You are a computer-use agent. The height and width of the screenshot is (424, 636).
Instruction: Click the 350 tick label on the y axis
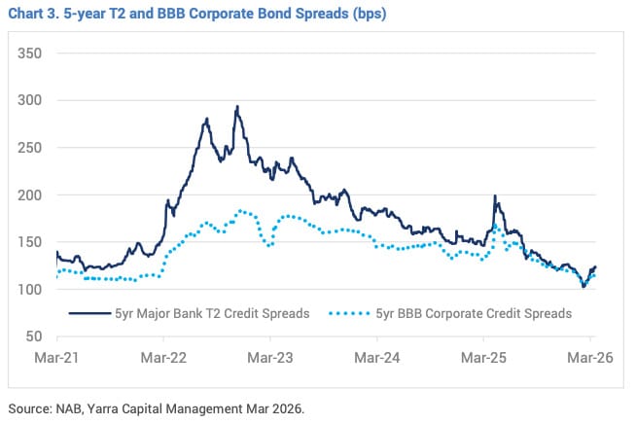point(30,53)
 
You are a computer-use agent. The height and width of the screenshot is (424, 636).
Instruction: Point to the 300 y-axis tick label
point(30,100)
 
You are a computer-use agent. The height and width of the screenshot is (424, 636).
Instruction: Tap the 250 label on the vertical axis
point(30,148)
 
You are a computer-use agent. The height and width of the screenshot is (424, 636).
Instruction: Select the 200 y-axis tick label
point(30,195)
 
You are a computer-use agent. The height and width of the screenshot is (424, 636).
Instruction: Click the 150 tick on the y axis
point(30,242)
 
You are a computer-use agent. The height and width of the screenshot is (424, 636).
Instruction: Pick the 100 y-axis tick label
point(30,290)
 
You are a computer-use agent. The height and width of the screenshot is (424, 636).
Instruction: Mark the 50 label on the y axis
point(34,336)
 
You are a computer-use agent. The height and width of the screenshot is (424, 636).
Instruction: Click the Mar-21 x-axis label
point(56,357)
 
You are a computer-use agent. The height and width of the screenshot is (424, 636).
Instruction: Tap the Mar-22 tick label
point(163,357)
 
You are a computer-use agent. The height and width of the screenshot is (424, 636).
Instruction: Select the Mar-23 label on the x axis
point(270,357)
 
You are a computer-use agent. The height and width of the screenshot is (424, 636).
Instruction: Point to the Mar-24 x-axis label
point(377,357)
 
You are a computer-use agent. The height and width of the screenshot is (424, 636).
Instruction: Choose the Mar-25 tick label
point(484,357)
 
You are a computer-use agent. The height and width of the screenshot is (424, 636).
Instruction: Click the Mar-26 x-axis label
point(590,357)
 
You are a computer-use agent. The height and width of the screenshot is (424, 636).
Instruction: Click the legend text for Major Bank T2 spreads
point(212,313)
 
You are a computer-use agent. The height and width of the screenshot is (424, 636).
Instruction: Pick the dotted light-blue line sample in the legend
point(352,313)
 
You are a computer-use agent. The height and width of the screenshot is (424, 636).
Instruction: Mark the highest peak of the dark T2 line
point(236,107)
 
